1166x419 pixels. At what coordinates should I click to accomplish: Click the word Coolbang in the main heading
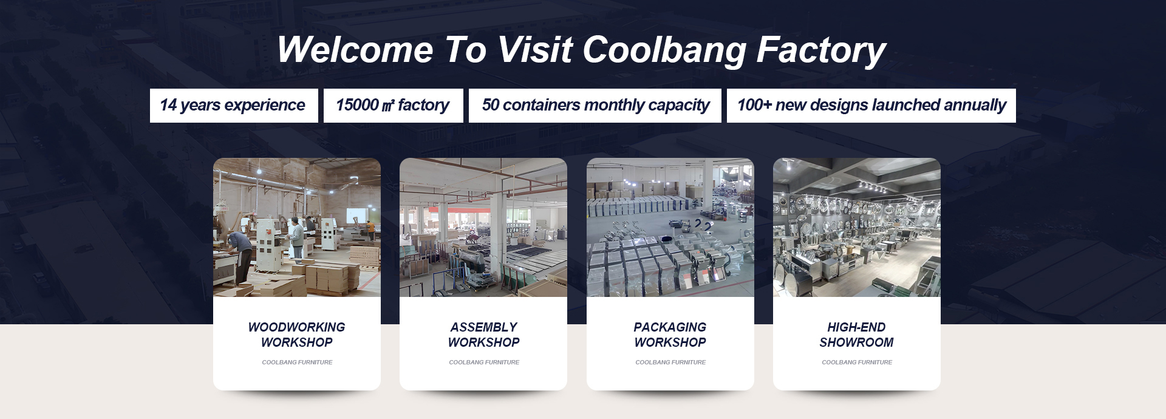click(664, 50)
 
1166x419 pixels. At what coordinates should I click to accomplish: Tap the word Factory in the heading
click(821, 50)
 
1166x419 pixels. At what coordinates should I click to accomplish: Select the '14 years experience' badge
click(234, 106)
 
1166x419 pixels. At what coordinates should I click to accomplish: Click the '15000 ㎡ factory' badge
click(393, 106)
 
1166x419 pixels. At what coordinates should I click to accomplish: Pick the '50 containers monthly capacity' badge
click(595, 106)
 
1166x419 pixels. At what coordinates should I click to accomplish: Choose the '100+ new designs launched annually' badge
click(871, 106)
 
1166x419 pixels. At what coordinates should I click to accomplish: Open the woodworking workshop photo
click(297, 228)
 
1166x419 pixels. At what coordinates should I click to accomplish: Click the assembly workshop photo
click(483, 228)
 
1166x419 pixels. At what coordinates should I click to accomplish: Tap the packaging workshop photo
click(670, 228)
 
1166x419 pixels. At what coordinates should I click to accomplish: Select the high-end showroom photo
click(857, 228)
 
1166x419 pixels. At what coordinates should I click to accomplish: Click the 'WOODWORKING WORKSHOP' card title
click(297, 335)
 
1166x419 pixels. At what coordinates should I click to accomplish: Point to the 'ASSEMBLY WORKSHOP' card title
click(484, 335)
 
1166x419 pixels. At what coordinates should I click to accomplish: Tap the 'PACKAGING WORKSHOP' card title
click(670, 335)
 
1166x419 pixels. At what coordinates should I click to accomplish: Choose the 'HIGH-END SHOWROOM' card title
click(857, 335)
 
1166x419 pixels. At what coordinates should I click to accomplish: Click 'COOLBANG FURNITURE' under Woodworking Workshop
click(297, 363)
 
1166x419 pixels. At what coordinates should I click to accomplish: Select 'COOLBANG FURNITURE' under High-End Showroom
click(857, 363)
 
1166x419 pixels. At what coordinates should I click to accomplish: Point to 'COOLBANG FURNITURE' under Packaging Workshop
click(670, 363)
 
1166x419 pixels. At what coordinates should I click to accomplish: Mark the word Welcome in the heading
click(355, 50)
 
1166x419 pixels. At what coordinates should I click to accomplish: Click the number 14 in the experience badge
click(168, 105)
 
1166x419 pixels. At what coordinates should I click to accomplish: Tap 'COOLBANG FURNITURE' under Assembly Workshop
click(484, 363)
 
